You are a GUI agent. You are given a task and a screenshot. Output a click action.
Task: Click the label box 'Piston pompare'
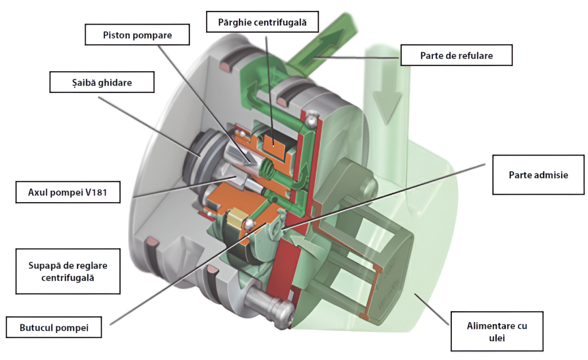click(x=137, y=34)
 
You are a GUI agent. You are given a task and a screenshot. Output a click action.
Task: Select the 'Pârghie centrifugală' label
click(x=262, y=24)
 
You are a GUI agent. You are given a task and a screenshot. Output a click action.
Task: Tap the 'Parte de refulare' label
click(x=456, y=56)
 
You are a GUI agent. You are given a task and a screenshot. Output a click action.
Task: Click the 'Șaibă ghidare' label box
click(x=102, y=82)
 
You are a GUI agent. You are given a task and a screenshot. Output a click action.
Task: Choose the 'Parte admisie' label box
click(x=538, y=175)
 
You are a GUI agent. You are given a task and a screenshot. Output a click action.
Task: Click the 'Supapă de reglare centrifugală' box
click(x=67, y=271)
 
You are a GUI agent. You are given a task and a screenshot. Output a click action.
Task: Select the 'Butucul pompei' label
click(x=53, y=328)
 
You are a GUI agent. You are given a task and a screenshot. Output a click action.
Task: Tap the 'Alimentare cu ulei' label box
click(x=497, y=331)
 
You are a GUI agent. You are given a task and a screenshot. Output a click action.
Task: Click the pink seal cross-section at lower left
click(x=152, y=245)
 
